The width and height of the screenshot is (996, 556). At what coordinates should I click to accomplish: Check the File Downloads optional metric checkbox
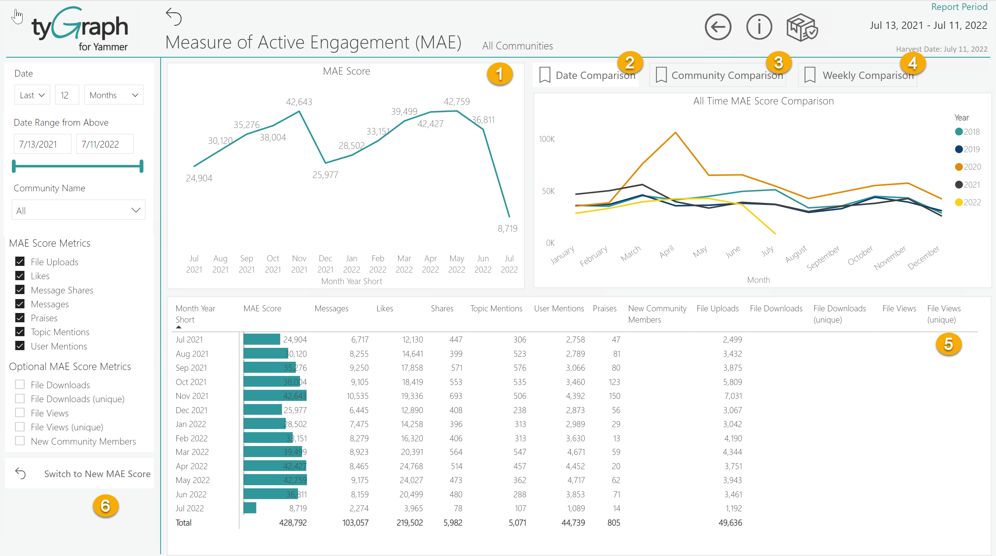20,385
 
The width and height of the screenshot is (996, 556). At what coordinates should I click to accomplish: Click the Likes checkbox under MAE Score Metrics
20,276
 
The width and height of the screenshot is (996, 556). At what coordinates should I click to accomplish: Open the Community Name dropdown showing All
79,210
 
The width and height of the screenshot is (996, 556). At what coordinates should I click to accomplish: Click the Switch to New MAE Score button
97,474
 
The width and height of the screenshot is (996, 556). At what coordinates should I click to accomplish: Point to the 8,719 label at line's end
507,228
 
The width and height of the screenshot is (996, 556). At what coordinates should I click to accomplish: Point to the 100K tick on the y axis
547,139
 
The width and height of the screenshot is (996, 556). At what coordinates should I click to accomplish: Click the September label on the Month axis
823,258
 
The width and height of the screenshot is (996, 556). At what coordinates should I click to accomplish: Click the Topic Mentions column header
496,308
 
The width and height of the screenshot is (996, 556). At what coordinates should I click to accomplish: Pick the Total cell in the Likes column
409,523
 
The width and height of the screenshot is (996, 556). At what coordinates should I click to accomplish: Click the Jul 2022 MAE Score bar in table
250,508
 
